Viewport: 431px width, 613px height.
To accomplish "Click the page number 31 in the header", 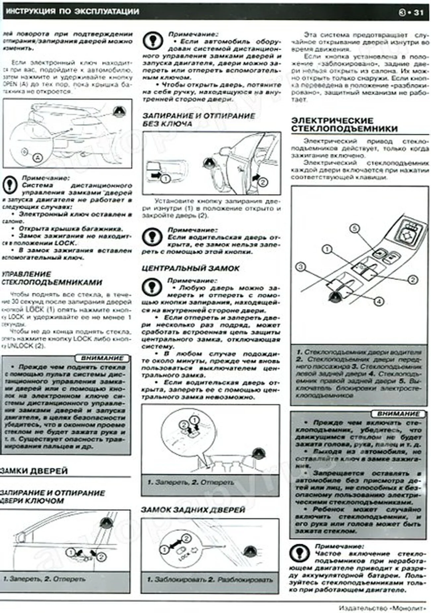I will (x=418, y=13).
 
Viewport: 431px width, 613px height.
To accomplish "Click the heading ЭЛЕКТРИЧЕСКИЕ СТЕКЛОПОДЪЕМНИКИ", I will (x=344, y=124).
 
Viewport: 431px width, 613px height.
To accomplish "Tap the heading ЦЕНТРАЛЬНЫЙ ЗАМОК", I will (x=190, y=268).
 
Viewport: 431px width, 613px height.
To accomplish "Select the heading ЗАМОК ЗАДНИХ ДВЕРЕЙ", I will (x=193, y=510).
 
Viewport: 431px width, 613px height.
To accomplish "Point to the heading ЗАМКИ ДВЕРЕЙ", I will (x=34, y=471).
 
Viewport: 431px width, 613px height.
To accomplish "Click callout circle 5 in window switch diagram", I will (x=354, y=229).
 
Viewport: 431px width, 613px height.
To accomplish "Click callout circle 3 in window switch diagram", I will (x=300, y=267).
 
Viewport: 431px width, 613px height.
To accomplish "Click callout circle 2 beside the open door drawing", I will (x=263, y=182).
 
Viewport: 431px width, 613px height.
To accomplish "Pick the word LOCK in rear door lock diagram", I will (x=184, y=557).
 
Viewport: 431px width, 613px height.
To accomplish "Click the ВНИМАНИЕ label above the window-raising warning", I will (x=102, y=358).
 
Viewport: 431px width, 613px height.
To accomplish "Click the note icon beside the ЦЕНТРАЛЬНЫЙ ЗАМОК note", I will (x=152, y=286).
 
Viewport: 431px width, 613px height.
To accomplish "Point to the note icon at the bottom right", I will (x=299, y=553).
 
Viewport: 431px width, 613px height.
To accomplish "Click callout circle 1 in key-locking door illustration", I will (x=70, y=552).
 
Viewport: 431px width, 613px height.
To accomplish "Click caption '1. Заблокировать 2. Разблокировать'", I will (x=210, y=579).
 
